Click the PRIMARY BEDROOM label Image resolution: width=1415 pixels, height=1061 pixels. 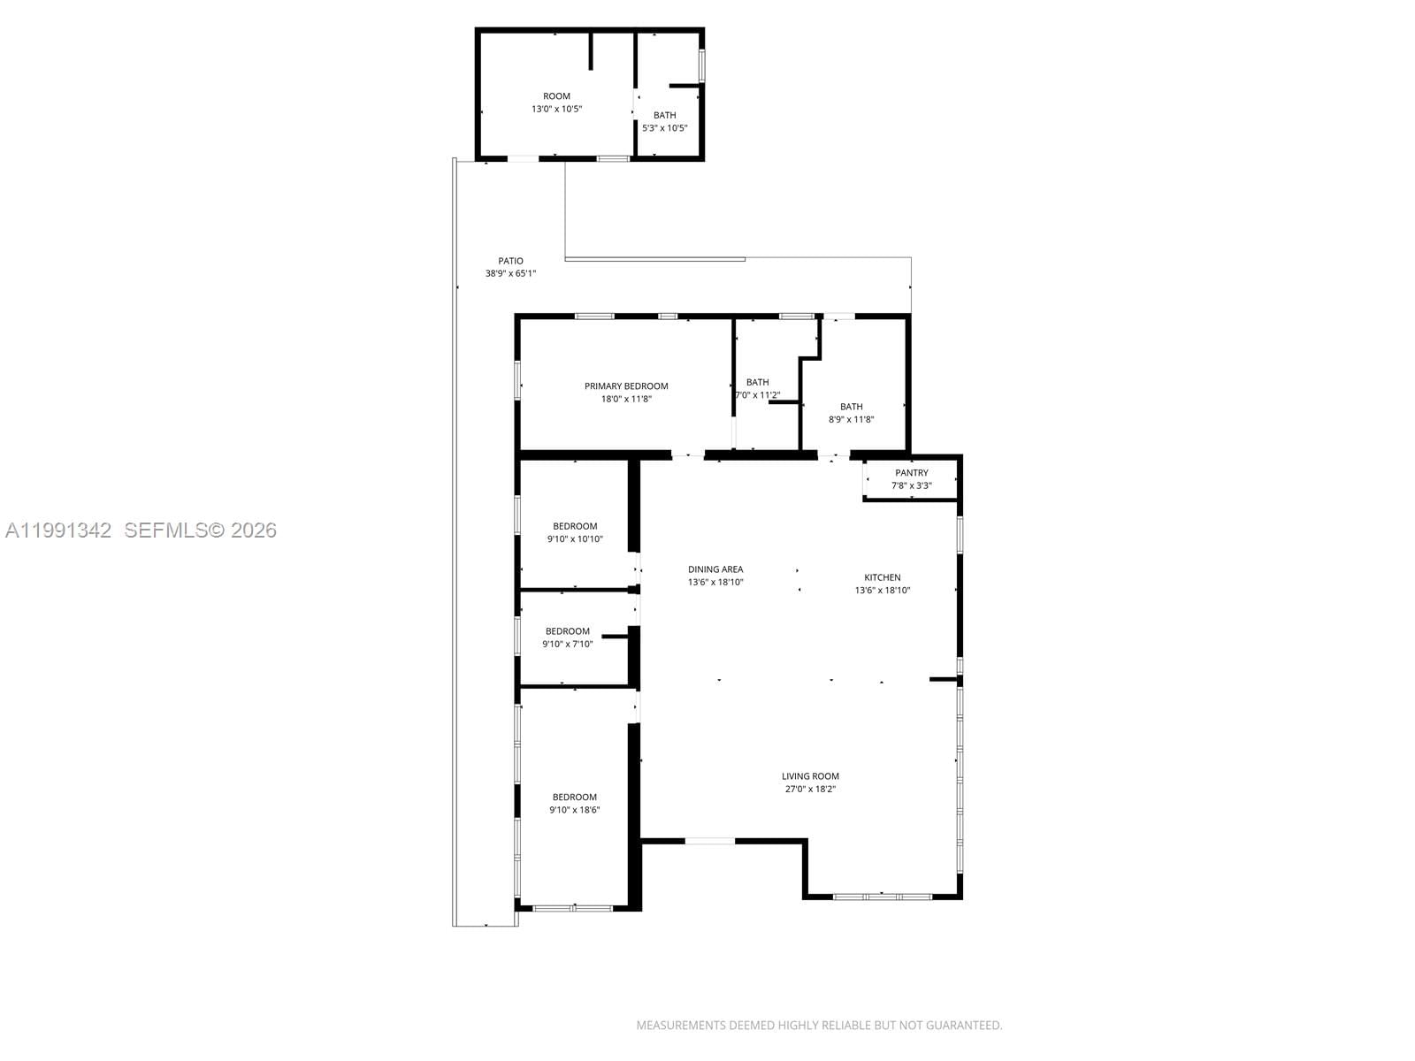click(x=626, y=385)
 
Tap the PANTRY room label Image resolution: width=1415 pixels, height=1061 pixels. click(x=911, y=473)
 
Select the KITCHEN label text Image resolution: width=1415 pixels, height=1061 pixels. click(x=882, y=577)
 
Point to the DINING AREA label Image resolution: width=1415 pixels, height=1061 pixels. click(x=715, y=569)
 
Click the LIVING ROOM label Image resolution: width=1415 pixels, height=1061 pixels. click(x=810, y=776)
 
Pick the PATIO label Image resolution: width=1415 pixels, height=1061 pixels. click(x=510, y=261)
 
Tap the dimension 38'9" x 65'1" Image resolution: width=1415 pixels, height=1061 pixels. click(x=510, y=274)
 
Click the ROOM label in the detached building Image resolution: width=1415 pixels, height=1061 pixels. click(x=556, y=96)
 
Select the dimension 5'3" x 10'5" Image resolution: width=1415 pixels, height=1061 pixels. click(x=664, y=128)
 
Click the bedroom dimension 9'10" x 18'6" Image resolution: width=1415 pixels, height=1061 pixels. click(x=575, y=810)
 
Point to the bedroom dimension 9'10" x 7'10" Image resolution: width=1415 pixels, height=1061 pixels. click(x=568, y=645)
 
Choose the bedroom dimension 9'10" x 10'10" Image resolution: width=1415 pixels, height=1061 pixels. click(x=575, y=539)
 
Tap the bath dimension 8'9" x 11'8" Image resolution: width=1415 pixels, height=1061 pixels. click(x=851, y=420)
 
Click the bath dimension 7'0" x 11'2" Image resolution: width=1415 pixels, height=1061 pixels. click(x=758, y=395)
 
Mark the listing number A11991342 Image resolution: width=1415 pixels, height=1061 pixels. click(x=58, y=530)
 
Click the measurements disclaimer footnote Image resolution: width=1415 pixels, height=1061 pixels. click(x=819, y=1026)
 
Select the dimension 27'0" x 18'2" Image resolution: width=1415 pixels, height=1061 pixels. click(x=810, y=790)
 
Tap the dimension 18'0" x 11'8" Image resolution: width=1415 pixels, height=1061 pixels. click(x=626, y=399)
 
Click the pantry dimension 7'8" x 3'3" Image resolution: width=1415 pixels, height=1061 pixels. click(x=911, y=485)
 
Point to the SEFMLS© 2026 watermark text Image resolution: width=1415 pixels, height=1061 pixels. click(x=201, y=530)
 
